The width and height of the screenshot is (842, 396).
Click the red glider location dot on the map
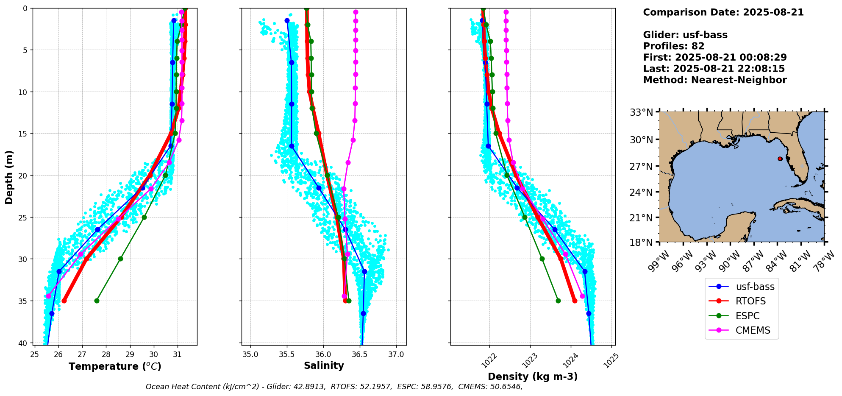click(780, 159)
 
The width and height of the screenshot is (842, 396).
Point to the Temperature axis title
click(115, 366)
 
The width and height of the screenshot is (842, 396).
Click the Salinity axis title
click(324, 365)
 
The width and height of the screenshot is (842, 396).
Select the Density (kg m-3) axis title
click(533, 376)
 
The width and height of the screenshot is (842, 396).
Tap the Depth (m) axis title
click(9, 177)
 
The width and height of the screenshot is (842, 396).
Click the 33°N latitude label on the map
click(641, 112)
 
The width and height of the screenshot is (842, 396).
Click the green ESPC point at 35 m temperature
click(97, 301)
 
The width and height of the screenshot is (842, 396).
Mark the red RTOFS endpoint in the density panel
click(575, 301)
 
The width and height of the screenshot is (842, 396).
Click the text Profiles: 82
click(674, 46)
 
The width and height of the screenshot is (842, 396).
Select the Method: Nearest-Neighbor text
click(715, 80)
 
